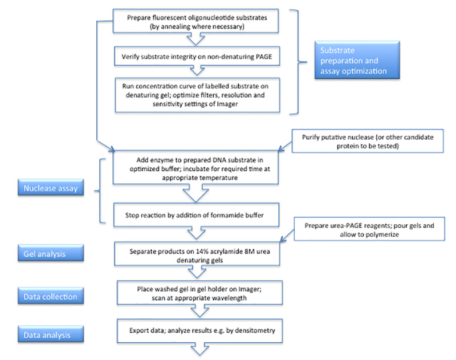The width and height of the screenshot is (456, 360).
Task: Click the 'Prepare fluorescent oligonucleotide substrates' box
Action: click(196, 22)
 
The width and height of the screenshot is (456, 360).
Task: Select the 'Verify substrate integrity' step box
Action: click(196, 57)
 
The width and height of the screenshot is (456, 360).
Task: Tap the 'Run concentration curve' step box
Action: click(196, 94)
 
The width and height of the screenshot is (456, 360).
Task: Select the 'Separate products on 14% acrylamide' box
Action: click(196, 254)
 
